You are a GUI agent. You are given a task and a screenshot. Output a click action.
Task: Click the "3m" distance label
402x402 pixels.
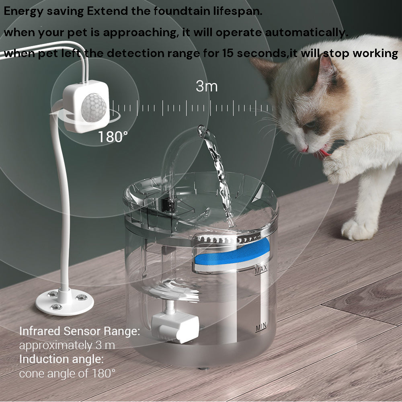[x=206, y=86]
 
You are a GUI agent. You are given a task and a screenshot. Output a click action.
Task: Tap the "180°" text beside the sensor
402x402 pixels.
[x=113, y=137]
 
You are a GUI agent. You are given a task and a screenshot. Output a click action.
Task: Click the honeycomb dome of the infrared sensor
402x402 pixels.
[x=94, y=107]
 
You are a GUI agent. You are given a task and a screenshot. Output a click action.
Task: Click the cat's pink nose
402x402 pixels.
[x=305, y=149]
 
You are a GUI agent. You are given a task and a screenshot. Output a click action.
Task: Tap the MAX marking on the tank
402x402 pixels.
[x=261, y=271]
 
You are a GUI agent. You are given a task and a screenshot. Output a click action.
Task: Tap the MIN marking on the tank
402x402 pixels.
[x=261, y=328]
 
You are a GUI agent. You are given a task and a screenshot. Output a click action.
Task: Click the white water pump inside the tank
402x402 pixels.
[x=175, y=326]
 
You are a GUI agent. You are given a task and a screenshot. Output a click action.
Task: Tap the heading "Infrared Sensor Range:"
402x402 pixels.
[x=80, y=331]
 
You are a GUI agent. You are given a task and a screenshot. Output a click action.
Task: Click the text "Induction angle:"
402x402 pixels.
[x=62, y=359]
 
